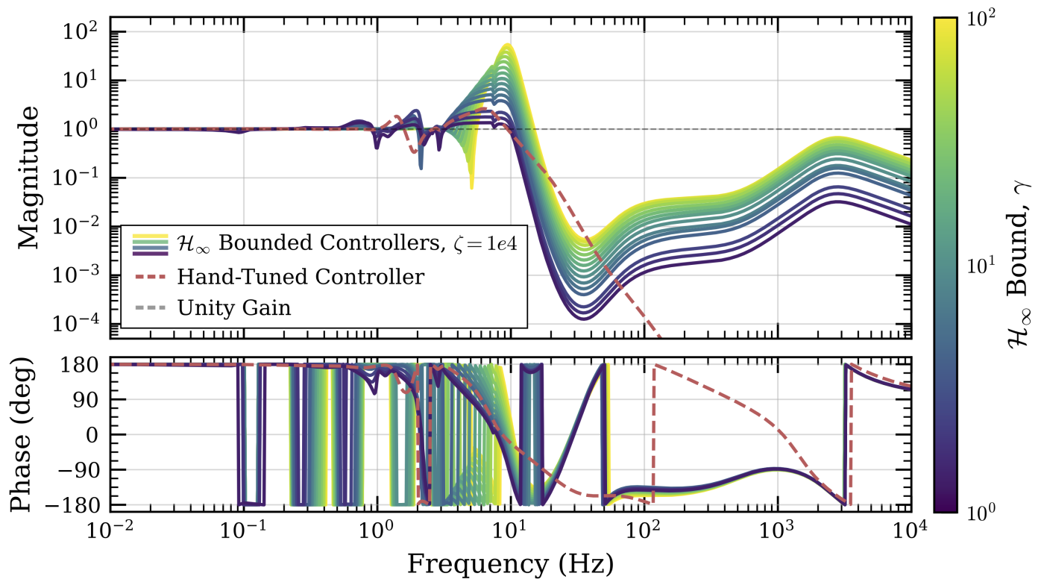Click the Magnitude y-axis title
pyautogui.click(x=28, y=177)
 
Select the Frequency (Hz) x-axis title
pyautogui.click(x=510, y=564)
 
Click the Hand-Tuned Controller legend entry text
pyautogui.click(x=301, y=277)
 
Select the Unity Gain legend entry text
pyautogui.click(x=234, y=307)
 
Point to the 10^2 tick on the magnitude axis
pyautogui.click(x=88, y=32)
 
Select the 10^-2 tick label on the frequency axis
pyautogui.click(x=110, y=532)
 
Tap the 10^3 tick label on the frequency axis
pyautogui.click(x=778, y=532)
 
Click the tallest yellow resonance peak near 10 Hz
pyautogui.click(x=508, y=46)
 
